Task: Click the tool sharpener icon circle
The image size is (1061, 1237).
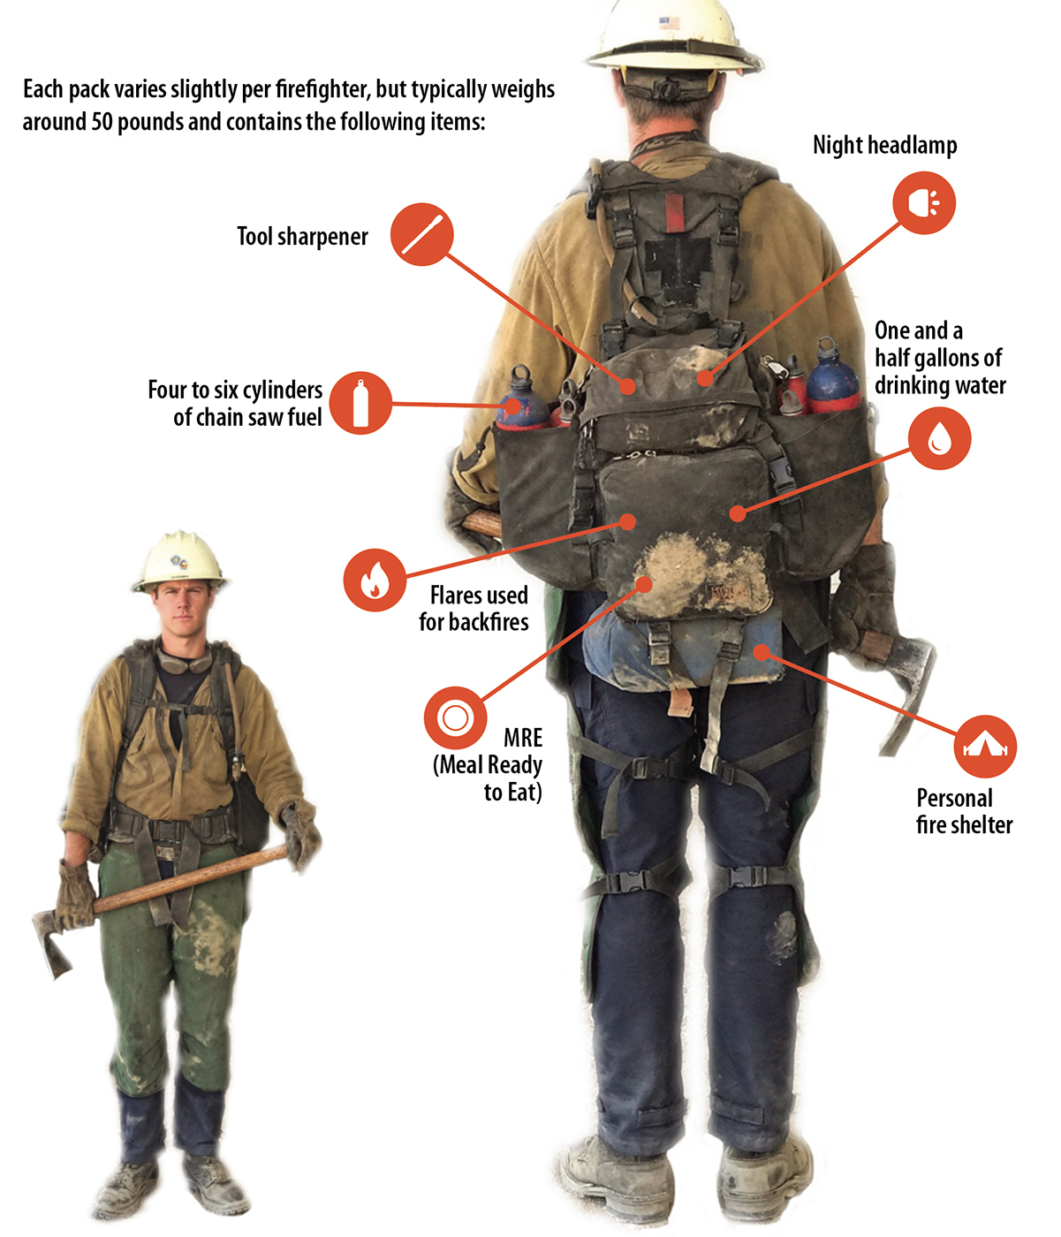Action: [422, 235]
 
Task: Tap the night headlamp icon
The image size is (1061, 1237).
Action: [924, 203]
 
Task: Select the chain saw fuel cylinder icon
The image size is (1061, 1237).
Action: [360, 403]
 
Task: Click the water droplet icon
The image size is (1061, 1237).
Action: [939, 438]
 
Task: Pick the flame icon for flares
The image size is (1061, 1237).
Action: [375, 581]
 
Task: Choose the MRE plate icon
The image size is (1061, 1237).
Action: [455, 717]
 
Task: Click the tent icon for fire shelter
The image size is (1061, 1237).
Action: [985, 747]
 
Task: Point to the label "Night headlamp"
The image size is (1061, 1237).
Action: [884, 146]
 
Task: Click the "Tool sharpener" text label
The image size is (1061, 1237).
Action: [302, 237]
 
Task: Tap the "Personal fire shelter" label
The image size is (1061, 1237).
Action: [963, 811]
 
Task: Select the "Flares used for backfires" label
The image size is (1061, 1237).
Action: [475, 609]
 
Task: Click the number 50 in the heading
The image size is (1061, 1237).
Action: [102, 122]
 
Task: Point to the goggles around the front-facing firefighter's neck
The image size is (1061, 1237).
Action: [185, 661]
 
